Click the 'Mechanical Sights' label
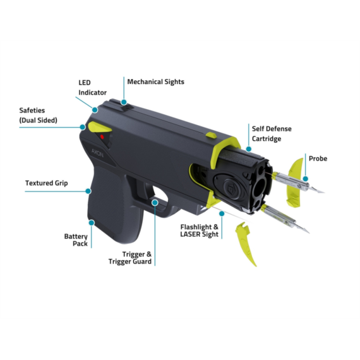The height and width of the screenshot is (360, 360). (155, 82)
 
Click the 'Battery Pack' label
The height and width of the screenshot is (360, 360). (75, 240)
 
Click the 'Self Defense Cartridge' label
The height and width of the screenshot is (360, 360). (272, 133)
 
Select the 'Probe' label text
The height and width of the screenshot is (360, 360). (318, 158)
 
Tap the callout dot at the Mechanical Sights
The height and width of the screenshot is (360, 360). (124, 100)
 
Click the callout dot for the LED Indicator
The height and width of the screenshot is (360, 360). (94, 109)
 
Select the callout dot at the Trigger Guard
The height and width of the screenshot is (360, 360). (155, 202)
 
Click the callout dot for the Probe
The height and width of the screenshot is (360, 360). (305, 179)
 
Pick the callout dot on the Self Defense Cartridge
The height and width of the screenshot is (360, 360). (248, 150)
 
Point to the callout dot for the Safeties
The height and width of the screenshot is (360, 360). (82, 126)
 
